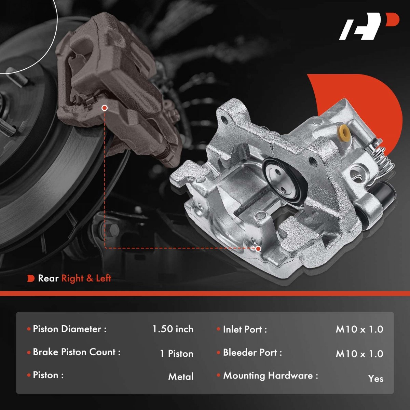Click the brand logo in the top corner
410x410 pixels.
click(369, 29)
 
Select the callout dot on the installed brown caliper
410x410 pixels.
click(105, 108)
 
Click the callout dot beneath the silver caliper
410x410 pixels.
click(258, 248)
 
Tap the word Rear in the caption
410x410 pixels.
click(48, 278)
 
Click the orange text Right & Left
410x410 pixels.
click(86, 278)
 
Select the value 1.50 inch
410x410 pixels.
click(173, 329)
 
